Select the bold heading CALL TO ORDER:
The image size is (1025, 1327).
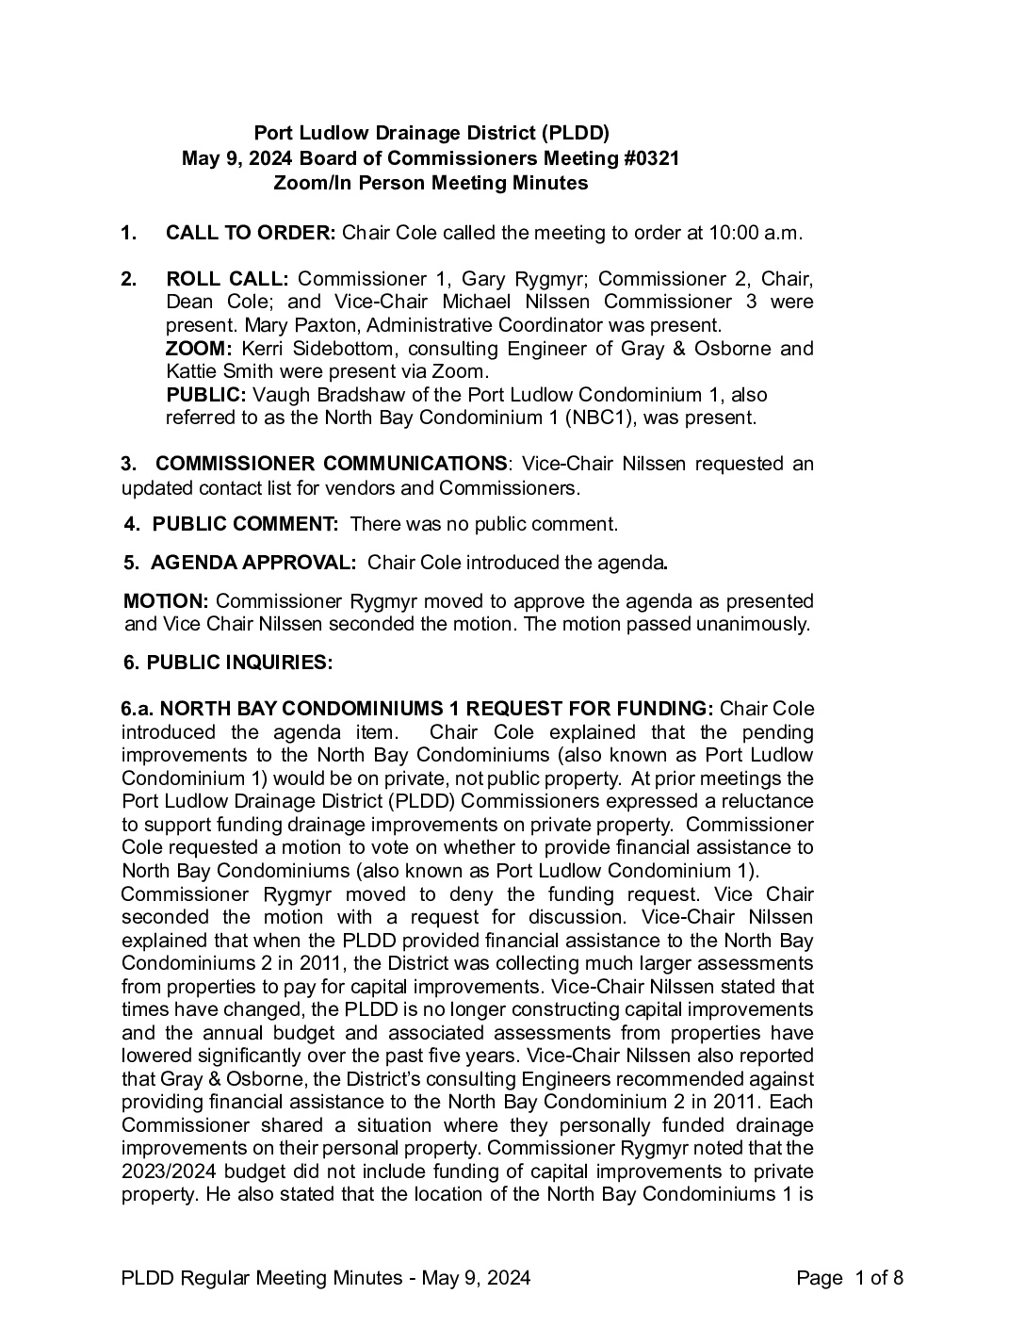251,233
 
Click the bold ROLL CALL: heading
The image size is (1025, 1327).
227,279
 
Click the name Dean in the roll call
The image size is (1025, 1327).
189,302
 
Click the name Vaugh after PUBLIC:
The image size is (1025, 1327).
283,395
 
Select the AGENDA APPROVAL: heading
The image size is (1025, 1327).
253,563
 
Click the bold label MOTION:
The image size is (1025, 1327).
167,601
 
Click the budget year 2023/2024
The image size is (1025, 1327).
171,1171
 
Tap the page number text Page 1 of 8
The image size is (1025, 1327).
850,1278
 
